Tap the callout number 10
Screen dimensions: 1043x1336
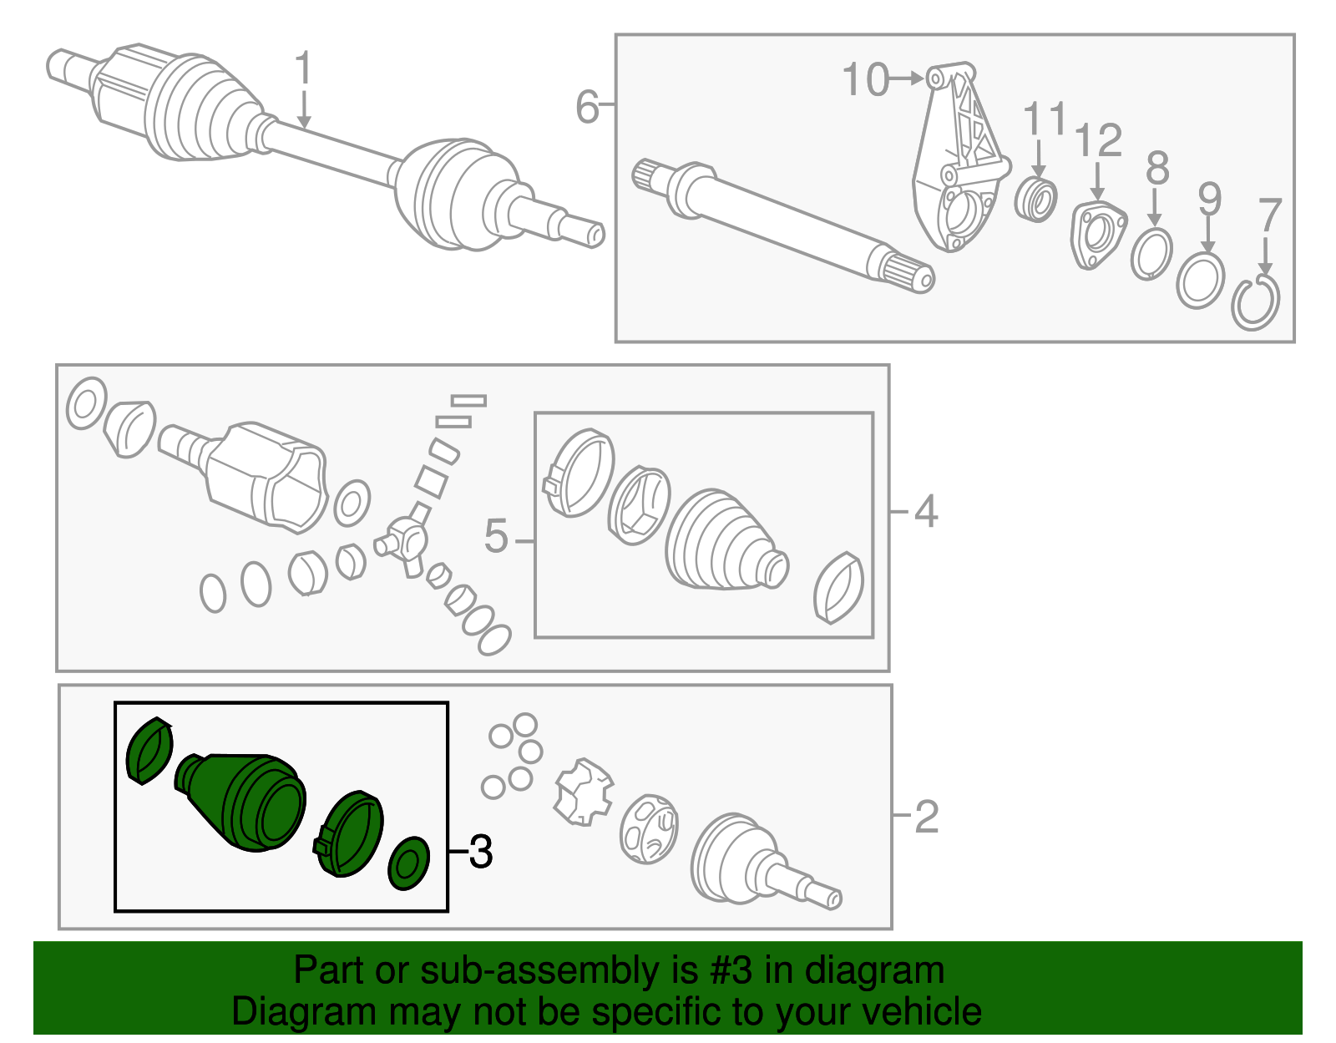coord(865,80)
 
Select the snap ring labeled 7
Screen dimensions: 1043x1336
coord(1255,303)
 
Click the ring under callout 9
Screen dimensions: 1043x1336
coord(1200,281)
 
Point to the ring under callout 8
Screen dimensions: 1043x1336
coord(1151,254)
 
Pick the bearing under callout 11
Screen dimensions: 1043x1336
coord(1036,200)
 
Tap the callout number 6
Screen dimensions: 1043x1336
coord(587,107)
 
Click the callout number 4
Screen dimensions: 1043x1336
coord(925,510)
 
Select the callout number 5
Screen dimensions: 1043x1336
coord(496,536)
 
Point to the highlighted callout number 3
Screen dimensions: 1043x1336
coord(481,852)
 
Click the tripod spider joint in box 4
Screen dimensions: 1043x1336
coord(406,542)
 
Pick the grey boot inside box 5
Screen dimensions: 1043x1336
coord(725,543)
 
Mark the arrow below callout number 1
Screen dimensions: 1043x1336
coord(303,110)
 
